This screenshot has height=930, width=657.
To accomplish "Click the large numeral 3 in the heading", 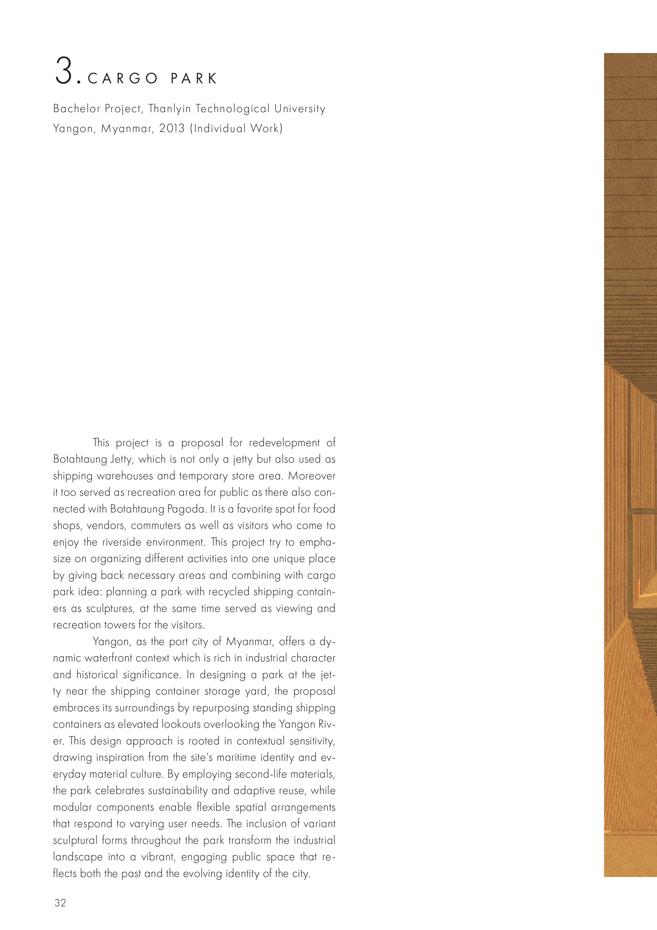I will pyautogui.click(x=64, y=71).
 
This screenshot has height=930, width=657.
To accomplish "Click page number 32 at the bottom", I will pyautogui.click(x=60, y=903).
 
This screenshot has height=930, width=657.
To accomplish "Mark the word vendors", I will pyautogui.click(x=105, y=526).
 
